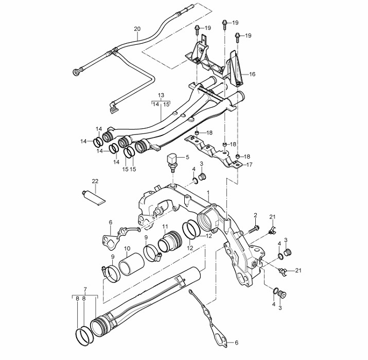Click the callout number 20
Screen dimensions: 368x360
[137, 29]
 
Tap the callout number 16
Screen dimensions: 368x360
[252, 74]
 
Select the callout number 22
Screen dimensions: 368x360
[95, 181]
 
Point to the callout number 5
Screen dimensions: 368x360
[187, 157]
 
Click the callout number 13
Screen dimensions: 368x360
[161, 95]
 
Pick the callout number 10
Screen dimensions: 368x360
[127, 248]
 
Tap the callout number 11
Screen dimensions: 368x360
[165, 227]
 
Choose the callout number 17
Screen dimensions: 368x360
[249, 165]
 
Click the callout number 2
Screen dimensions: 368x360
[255, 215]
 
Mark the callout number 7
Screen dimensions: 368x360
[85, 289]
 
